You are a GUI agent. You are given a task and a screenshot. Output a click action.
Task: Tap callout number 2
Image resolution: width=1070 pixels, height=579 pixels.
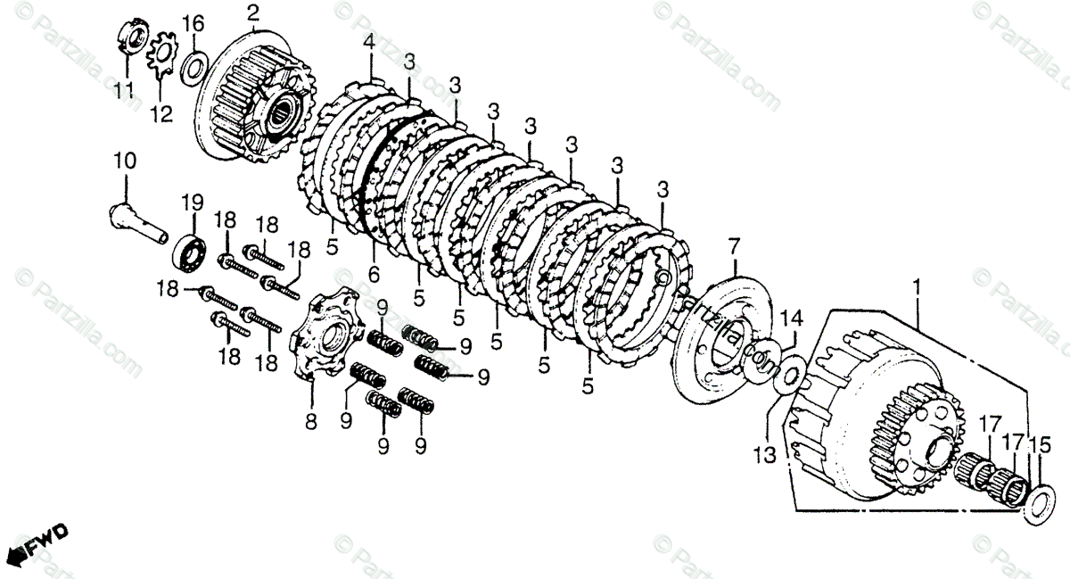pos(253,13)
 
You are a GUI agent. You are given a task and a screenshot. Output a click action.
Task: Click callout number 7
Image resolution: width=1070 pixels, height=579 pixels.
pos(734,244)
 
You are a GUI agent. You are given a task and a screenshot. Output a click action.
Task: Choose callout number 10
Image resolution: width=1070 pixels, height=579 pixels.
pos(124,162)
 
